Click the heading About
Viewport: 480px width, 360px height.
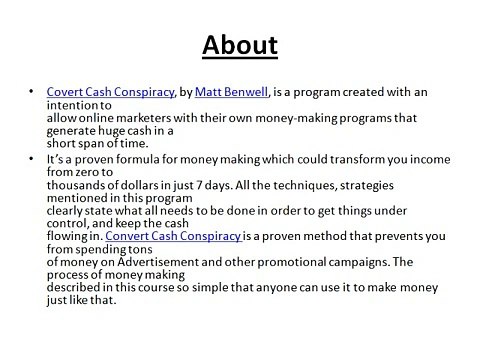point(240,47)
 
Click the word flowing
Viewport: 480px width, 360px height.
point(71,236)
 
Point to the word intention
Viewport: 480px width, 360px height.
point(64,106)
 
